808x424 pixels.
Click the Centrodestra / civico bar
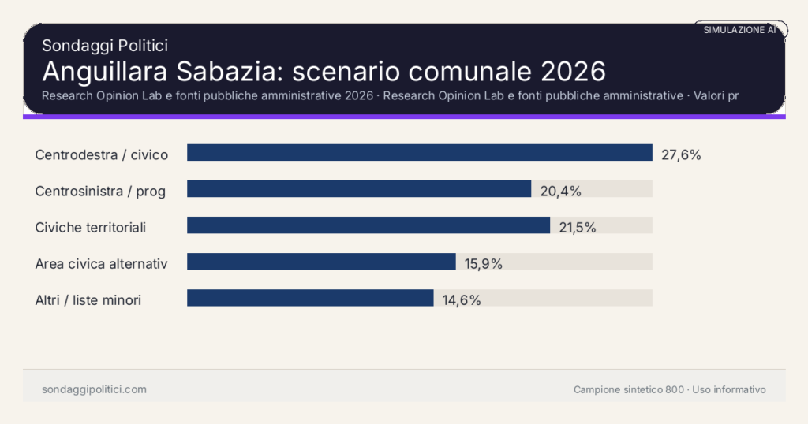419,153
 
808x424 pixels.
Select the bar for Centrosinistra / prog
359,189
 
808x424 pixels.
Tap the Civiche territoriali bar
368,225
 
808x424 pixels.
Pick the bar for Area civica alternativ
321,262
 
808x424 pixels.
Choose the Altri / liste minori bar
310,298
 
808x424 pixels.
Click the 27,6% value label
681,154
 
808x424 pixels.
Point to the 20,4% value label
560,191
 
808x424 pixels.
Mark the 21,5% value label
577,227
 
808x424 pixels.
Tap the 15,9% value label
483,263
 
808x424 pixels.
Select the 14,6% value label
462,299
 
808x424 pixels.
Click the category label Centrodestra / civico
102,154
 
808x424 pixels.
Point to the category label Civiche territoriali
91,227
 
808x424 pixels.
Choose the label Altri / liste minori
88,299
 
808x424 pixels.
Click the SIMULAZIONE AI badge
739,29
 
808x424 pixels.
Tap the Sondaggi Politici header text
105,46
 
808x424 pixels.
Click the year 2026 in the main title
574,71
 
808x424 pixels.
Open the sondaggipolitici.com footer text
94,389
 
